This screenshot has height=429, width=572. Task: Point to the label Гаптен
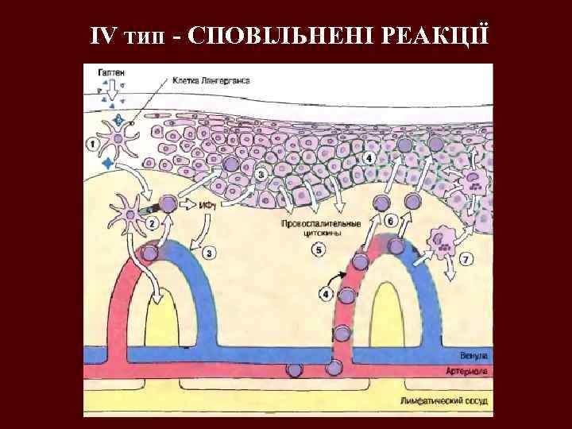111,72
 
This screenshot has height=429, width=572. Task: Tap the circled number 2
151,223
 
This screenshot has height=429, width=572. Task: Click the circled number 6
389,221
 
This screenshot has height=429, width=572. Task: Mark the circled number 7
466,258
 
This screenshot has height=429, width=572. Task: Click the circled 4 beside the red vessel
326,295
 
